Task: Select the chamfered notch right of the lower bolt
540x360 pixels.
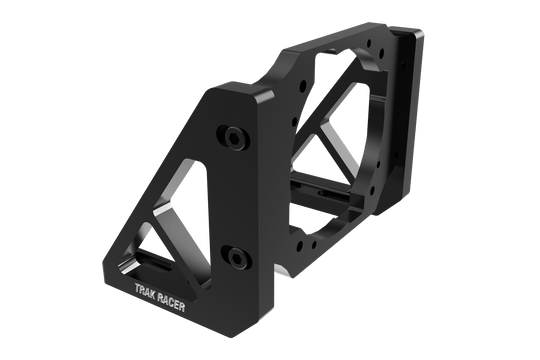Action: point(273,271)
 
